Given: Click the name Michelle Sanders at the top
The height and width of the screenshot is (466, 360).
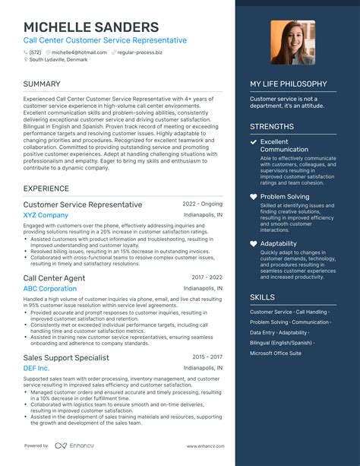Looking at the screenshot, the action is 90,27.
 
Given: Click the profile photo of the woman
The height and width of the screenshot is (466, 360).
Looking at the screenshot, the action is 292,42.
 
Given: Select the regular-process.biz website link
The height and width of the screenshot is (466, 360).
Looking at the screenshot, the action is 142,52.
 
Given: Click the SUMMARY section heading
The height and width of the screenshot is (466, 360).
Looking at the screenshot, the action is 43,84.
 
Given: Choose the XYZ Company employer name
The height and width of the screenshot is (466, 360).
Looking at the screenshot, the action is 46,215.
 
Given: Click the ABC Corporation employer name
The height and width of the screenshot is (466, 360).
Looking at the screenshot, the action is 50,289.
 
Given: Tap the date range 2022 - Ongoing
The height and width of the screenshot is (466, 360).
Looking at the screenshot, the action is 202,204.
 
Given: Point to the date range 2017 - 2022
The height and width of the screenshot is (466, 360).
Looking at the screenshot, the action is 207,277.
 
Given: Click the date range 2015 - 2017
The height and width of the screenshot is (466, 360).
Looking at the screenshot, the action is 207,357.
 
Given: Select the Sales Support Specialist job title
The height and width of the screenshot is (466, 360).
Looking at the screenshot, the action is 66,357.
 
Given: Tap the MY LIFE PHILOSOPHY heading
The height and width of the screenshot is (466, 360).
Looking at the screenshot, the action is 289,84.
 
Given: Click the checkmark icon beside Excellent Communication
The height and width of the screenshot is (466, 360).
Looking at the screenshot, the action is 254,142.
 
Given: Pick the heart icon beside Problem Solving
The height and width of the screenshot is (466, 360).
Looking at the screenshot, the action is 254,196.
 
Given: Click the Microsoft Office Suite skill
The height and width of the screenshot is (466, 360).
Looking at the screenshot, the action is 276,353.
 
